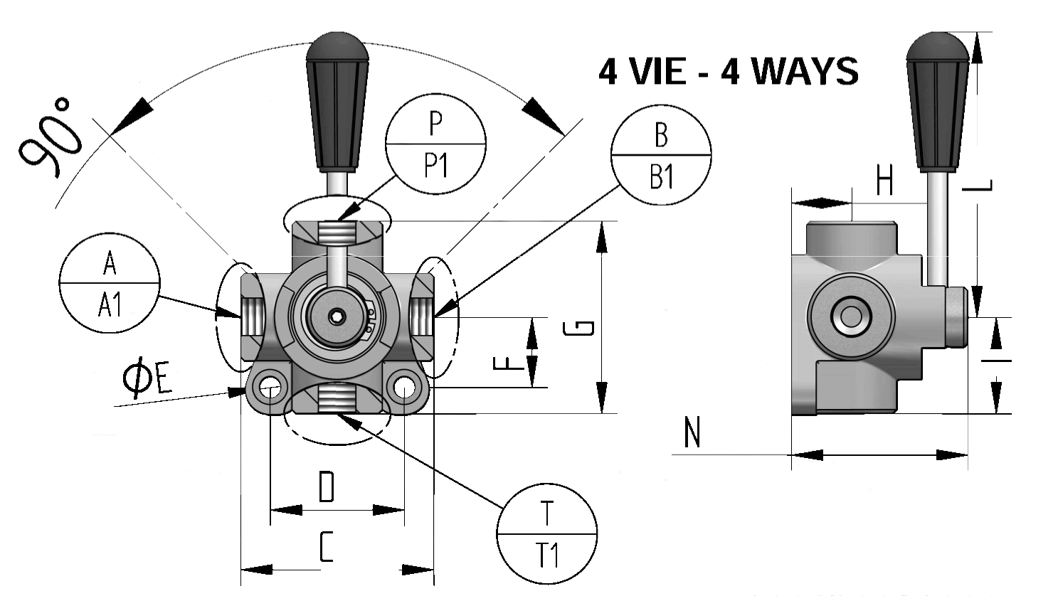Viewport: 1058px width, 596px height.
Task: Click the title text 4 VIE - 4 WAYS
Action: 728,71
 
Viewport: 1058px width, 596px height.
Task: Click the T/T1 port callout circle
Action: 546,533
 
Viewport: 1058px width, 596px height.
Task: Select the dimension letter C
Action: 326,548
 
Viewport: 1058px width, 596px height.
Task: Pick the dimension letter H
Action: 884,181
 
